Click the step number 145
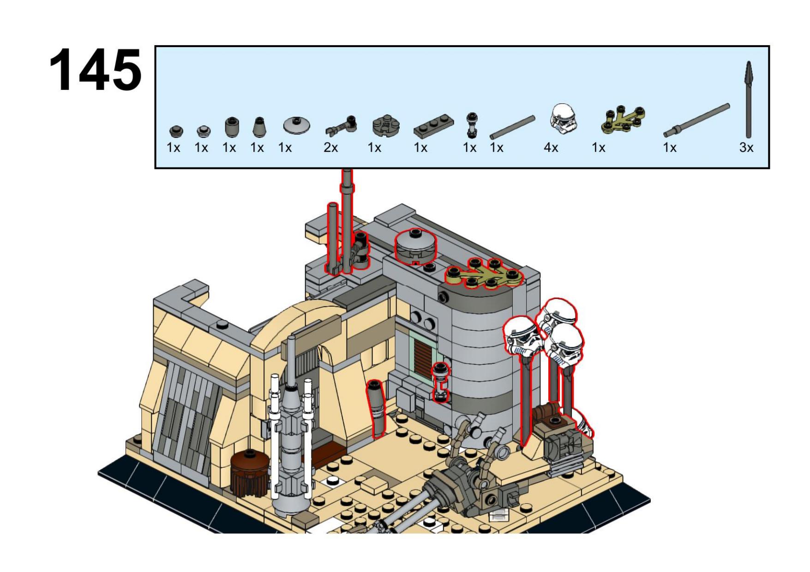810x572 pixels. tap(96, 70)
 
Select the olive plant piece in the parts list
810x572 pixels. tap(623, 121)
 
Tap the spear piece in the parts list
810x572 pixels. tap(749, 100)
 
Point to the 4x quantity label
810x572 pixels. tap(551, 148)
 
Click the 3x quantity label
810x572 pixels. tap(746, 148)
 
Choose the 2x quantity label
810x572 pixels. tap(330, 148)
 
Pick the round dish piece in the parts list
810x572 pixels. tap(296, 125)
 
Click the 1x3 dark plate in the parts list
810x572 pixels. tap(433, 126)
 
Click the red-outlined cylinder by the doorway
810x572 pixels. tap(377, 408)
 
